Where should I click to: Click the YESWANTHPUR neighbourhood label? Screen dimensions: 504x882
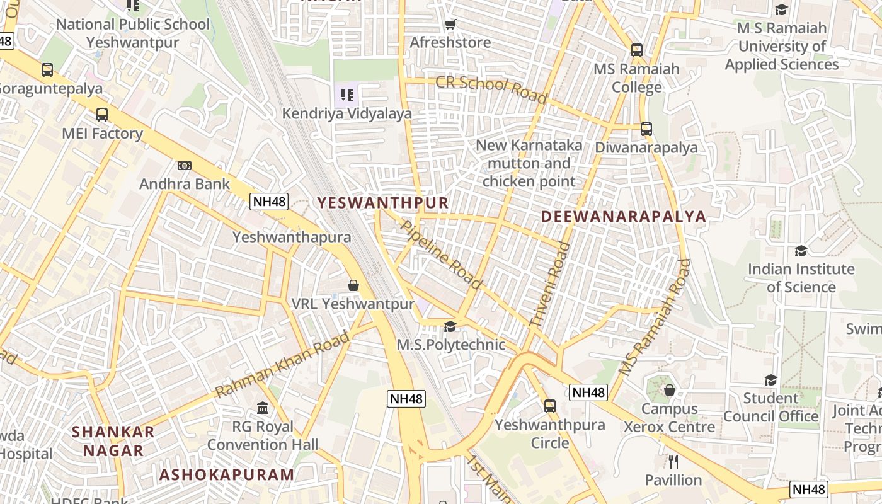click(382, 202)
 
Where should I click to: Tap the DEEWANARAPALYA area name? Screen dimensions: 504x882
click(624, 216)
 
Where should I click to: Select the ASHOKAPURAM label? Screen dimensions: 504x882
click(227, 474)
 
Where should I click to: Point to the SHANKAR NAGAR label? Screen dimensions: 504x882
click(113, 441)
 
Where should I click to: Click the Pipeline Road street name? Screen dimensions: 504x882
click(441, 255)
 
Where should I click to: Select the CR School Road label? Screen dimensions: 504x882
click(491, 89)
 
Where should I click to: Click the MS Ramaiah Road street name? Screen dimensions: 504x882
click(655, 318)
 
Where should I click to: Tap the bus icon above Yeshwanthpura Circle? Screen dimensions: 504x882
click(550, 406)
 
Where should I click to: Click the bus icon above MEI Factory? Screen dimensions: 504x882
click(102, 115)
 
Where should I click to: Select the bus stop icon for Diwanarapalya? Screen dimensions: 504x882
click(646, 129)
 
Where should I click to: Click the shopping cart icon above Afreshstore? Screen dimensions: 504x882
click(450, 25)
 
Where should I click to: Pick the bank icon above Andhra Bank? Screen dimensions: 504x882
click(184, 166)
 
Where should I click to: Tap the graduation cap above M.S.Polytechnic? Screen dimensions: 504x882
click(450, 326)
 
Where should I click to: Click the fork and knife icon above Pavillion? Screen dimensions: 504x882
click(673, 462)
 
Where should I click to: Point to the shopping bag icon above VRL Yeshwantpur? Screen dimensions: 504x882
click(353, 285)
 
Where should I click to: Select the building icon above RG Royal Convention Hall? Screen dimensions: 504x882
click(263, 408)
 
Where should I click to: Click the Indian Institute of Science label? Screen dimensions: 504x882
click(801, 278)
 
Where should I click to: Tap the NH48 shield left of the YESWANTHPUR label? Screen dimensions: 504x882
click(269, 202)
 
